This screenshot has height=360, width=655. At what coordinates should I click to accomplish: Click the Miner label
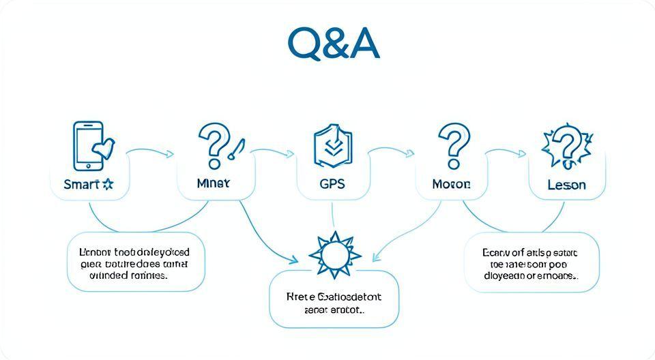[213, 184]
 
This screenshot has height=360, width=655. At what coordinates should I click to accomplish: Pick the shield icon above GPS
[332, 145]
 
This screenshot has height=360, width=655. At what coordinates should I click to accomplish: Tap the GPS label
[332, 184]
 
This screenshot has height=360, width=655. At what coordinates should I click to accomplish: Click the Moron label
[451, 184]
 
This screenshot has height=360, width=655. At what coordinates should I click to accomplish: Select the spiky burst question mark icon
[565, 147]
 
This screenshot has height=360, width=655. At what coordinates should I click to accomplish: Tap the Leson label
[566, 185]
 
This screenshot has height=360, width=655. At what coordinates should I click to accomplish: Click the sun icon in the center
[334, 255]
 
